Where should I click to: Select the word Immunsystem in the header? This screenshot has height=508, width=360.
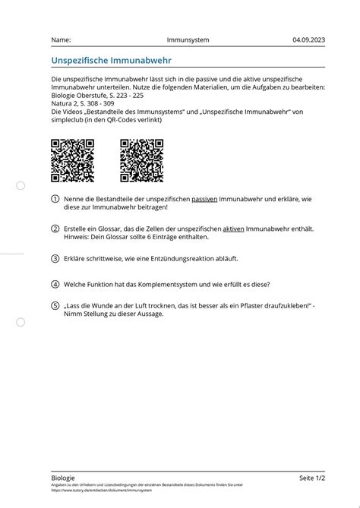pos(188,39)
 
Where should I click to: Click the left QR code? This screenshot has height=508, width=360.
pos(72,161)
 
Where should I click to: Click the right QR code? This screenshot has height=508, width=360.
pos(141,161)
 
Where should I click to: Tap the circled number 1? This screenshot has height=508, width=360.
pos(55,199)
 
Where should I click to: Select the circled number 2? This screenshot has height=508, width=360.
pos(55,229)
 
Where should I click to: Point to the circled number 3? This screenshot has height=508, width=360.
pos(55,258)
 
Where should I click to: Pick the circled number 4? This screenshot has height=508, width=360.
pos(55,285)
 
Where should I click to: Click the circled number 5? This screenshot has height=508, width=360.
pos(55,305)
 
